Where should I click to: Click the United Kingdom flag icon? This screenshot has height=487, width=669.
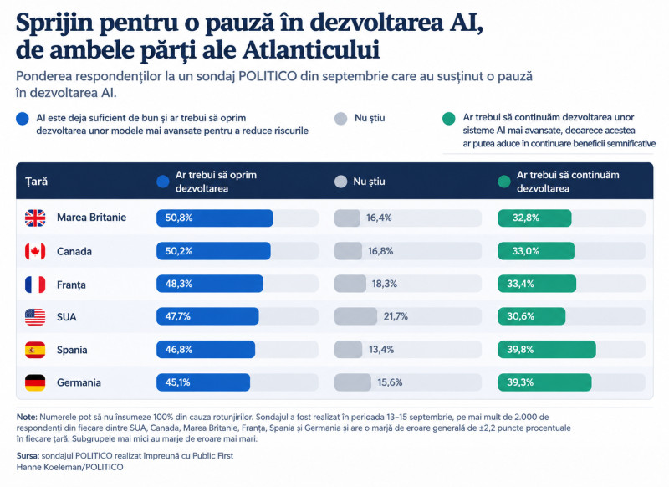pyautogui.click(x=35, y=218)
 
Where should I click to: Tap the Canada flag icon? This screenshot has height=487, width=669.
pyautogui.click(x=35, y=251)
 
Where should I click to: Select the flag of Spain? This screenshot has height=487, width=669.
pyautogui.click(x=35, y=350)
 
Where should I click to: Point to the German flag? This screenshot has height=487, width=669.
pyautogui.click(x=35, y=383)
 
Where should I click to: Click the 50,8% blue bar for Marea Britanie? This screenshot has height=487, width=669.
pyautogui.click(x=215, y=218)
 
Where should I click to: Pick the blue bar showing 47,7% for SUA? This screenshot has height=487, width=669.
pyautogui.click(x=207, y=316)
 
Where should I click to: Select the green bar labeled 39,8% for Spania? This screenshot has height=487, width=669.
pyautogui.click(x=547, y=350)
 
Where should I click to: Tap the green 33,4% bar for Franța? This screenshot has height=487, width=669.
pyautogui.click(x=537, y=284)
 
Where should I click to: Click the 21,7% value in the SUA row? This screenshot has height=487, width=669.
pyautogui.click(x=396, y=316)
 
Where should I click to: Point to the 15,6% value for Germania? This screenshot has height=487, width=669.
pyautogui.click(x=390, y=382)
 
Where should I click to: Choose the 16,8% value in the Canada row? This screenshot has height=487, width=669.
pyautogui.click(x=380, y=251)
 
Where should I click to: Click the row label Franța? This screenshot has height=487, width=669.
pyautogui.click(x=71, y=285)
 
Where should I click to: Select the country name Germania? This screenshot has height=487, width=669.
pyautogui.click(x=79, y=382)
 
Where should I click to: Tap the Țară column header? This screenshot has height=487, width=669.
pyautogui.click(x=36, y=182)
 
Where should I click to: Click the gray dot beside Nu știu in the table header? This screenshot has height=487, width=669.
pyautogui.click(x=341, y=182)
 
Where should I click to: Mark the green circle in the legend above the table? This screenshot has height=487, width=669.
pyautogui.click(x=449, y=119)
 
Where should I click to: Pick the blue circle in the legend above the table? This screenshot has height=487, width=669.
pyautogui.click(x=23, y=119)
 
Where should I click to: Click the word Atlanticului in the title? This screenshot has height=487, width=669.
pyautogui.click(x=311, y=50)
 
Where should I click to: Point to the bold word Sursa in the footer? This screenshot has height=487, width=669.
pyautogui.click(x=28, y=456)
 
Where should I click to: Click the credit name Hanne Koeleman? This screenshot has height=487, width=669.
pyautogui.click(x=50, y=468)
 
